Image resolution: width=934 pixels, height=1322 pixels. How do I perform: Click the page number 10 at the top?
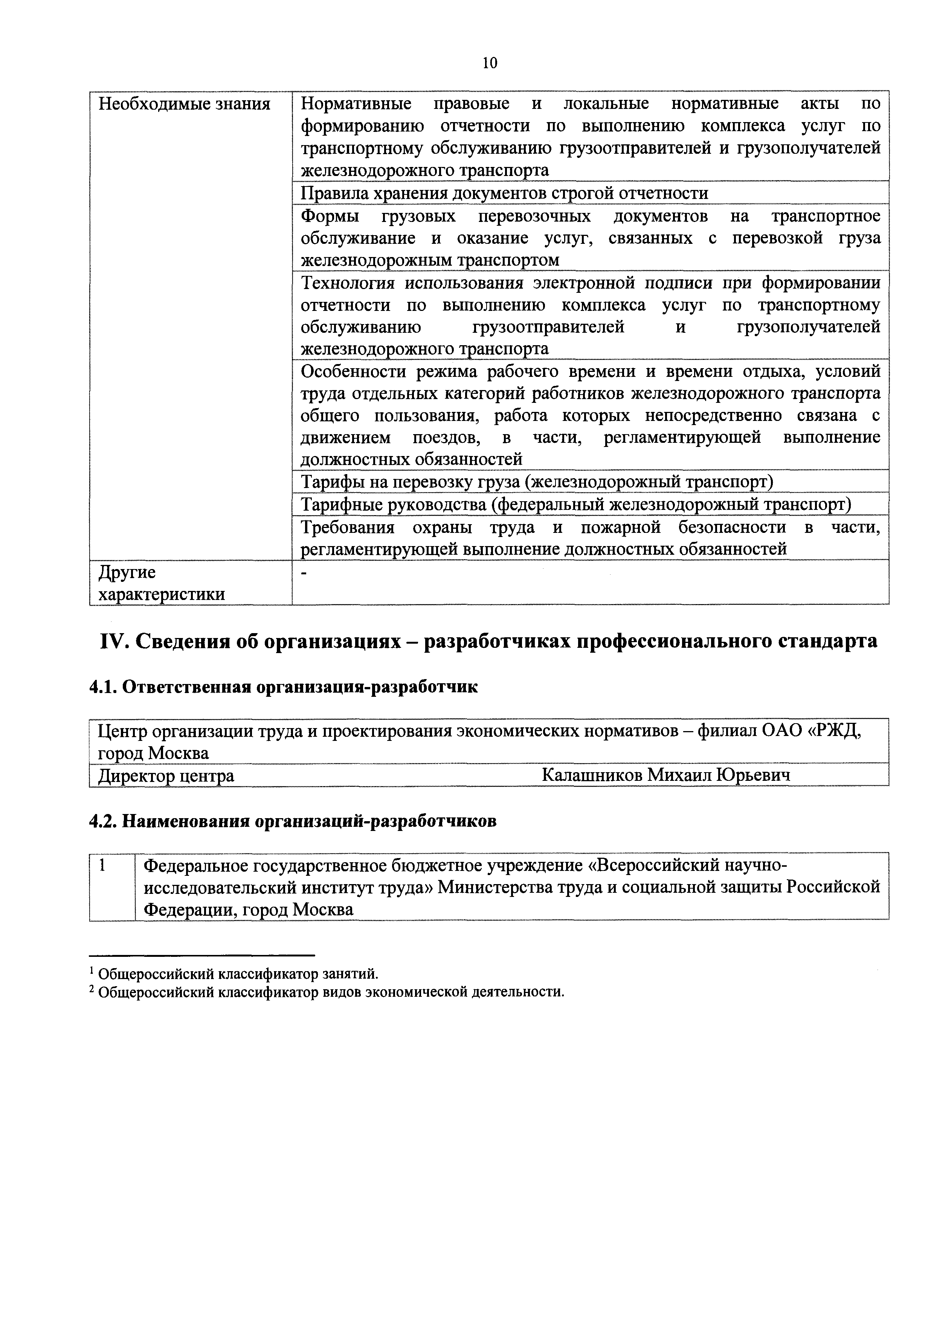click(x=490, y=63)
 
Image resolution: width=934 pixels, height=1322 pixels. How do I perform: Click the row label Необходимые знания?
click(x=184, y=104)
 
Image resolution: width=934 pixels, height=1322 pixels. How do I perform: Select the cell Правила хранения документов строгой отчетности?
click(x=504, y=193)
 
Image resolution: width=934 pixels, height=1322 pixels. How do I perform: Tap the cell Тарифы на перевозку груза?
click(x=536, y=481)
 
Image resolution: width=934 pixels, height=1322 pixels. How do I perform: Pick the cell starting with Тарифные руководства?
click(x=575, y=504)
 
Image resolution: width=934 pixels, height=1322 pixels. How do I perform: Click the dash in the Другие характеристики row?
click(x=304, y=572)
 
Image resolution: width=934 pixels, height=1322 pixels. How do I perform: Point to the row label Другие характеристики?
click(x=161, y=583)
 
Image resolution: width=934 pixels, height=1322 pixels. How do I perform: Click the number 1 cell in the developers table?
click(x=102, y=865)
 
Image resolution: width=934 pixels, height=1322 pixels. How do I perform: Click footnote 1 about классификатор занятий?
click(x=235, y=973)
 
